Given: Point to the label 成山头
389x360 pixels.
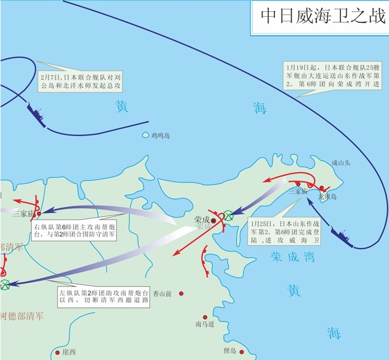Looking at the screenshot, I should tap(340, 163).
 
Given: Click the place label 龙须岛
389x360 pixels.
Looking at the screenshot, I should tap(328, 197).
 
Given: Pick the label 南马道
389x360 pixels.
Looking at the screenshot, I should tap(205, 324).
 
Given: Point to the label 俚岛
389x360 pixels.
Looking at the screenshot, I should tap(230, 350).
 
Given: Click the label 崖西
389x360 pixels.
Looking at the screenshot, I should tap(69, 352).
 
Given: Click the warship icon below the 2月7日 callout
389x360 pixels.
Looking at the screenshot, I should tap(39, 115).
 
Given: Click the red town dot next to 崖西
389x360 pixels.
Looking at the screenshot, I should tap(58, 353).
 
